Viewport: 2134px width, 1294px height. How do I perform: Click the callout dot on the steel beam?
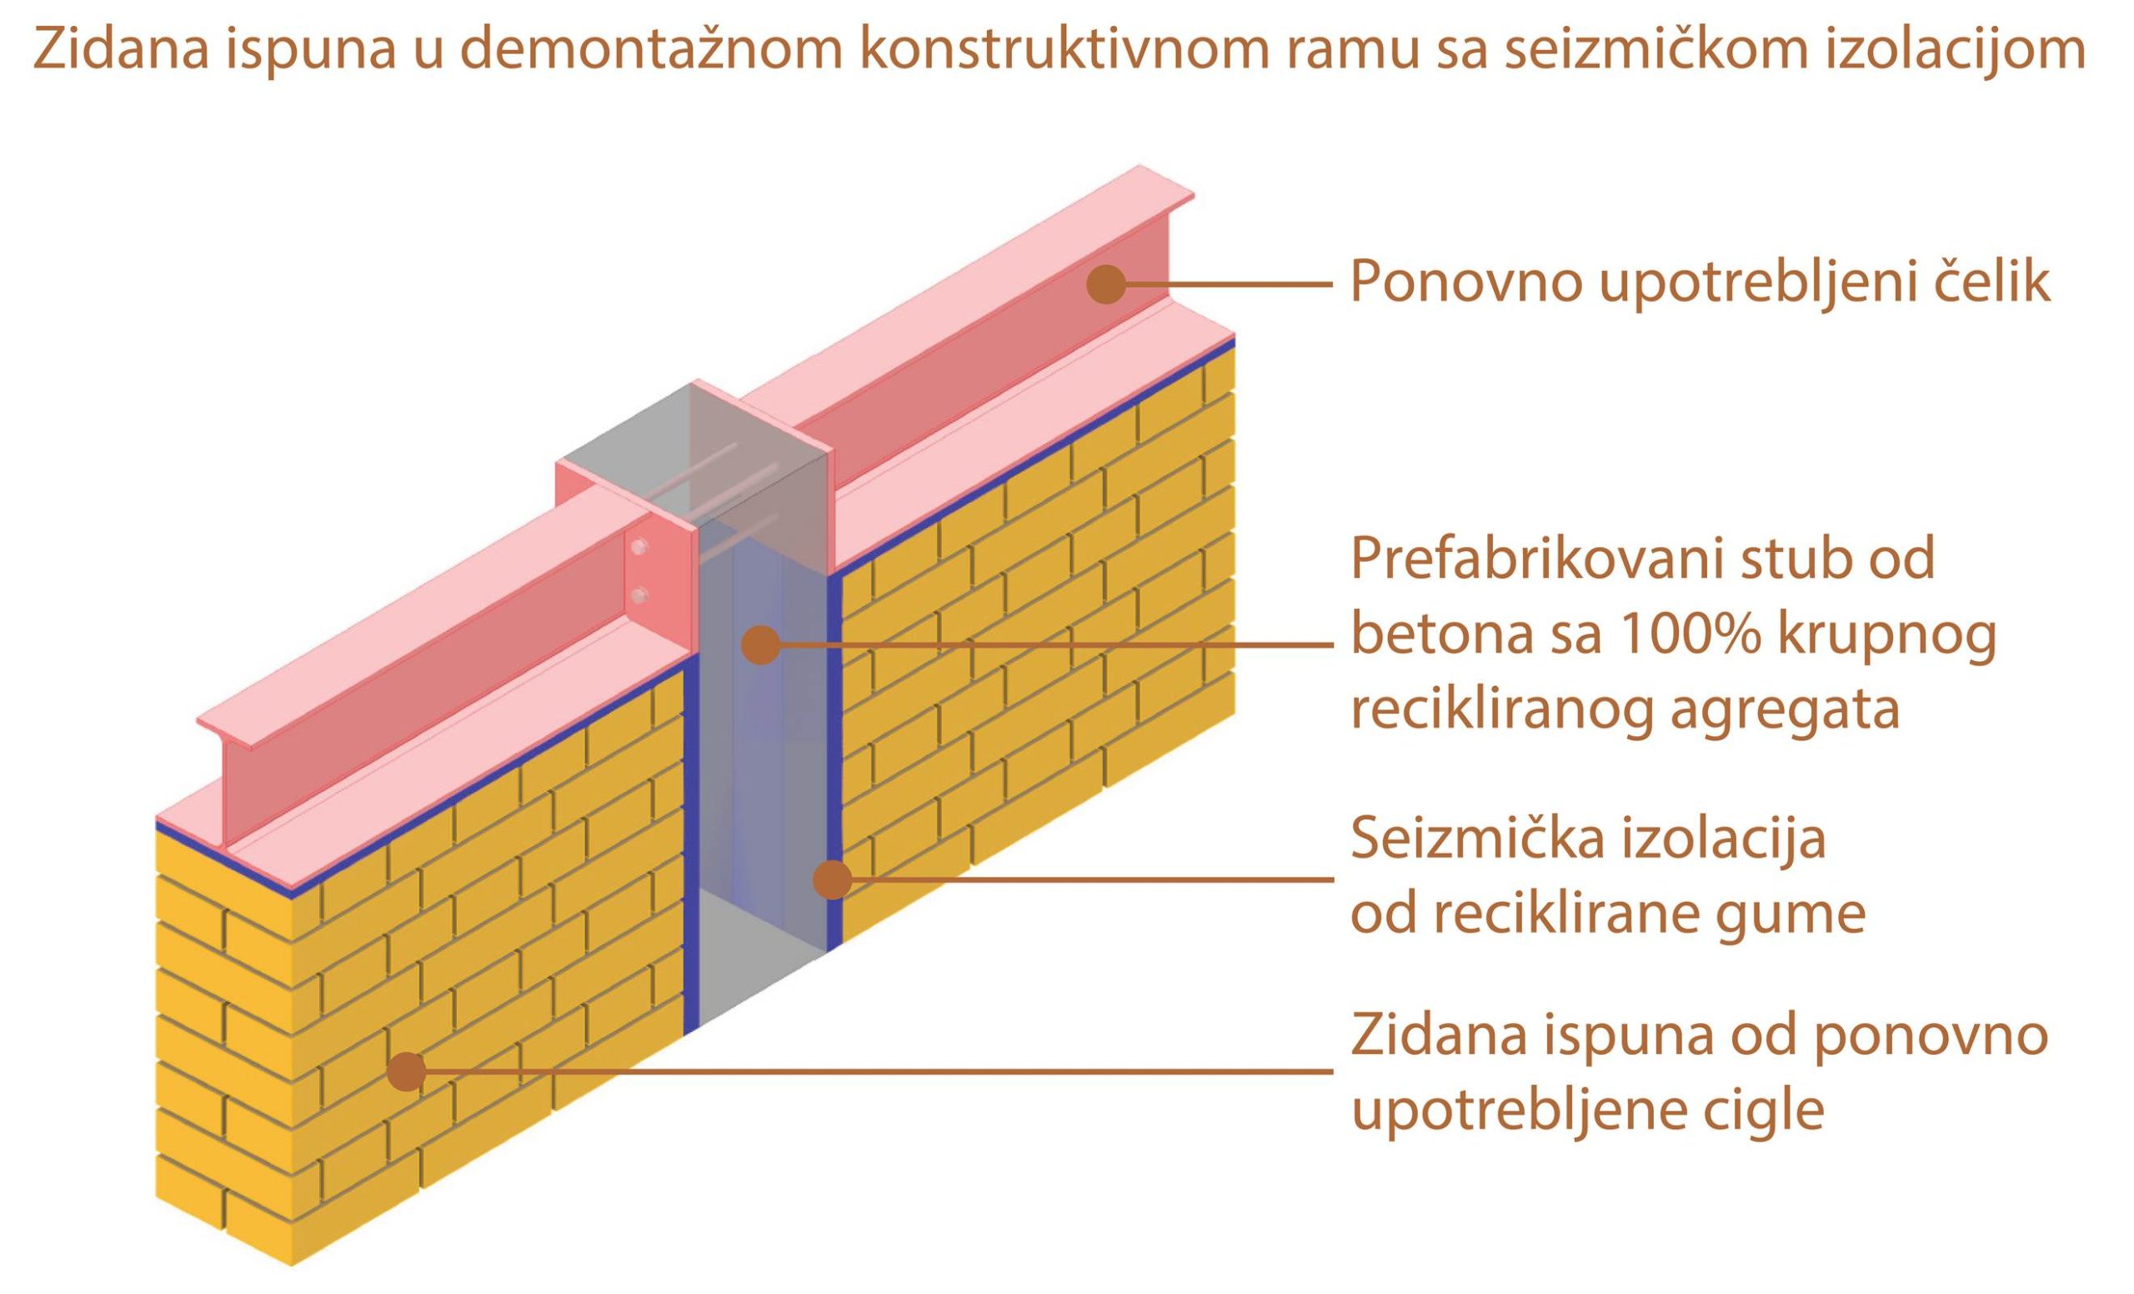1106,284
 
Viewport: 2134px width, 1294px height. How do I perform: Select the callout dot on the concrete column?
761,645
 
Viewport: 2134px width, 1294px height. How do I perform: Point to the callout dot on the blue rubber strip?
832,879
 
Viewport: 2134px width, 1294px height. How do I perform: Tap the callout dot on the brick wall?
406,1071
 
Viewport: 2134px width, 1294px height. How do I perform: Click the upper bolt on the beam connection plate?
639,548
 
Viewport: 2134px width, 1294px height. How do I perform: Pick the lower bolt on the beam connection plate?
639,594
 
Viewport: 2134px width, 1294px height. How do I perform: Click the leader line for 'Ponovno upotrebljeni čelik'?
1228,284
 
